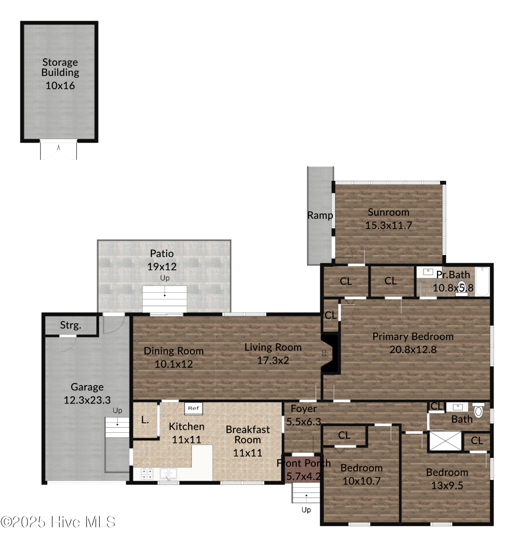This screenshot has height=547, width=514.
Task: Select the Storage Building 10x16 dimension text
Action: (x=60, y=86)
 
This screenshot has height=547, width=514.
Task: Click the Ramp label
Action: (x=320, y=215)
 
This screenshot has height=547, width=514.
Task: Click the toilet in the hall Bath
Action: (x=478, y=411)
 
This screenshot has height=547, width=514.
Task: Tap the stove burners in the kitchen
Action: (x=147, y=473)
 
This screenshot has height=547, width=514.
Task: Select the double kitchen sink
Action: (x=168, y=473)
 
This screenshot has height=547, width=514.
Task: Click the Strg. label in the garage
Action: (x=71, y=325)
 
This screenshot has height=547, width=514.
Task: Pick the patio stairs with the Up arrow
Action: (x=165, y=298)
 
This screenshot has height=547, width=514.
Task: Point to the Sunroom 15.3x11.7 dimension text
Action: (x=388, y=225)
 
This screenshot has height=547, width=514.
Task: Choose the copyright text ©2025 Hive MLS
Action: (x=58, y=522)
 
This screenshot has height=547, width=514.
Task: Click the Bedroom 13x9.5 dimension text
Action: (x=447, y=485)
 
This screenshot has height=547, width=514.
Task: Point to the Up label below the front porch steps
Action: (x=306, y=510)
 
